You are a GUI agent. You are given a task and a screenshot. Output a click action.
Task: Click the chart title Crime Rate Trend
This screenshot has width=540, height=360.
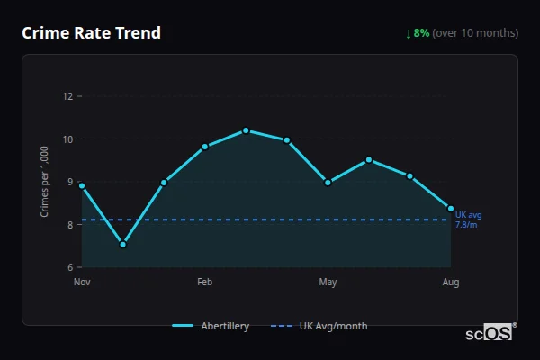coord(91,33)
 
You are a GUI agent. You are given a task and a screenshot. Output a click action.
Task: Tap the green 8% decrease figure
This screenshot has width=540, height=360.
coord(421,33)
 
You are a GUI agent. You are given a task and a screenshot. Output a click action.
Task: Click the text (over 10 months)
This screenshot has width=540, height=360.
coord(475,33)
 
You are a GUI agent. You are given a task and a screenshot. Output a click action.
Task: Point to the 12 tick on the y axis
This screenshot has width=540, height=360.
coord(67,96)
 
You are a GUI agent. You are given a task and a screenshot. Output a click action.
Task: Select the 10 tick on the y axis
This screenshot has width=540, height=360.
coord(67,139)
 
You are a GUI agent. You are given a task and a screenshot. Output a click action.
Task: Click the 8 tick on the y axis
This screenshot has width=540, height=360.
coord(68,225)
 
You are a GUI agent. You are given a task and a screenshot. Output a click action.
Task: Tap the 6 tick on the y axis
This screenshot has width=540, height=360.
coord(68,267)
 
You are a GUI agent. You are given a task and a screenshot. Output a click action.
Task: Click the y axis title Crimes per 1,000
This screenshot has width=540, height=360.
coord(45,182)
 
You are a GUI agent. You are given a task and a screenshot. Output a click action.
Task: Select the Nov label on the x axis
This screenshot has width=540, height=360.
coord(82,283)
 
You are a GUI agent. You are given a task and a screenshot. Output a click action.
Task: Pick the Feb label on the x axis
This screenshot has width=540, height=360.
coord(204,283)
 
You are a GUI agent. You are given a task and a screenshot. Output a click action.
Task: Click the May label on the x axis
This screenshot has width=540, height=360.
coord(328,283)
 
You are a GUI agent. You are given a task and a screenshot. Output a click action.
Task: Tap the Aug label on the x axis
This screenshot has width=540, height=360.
coord(450,283)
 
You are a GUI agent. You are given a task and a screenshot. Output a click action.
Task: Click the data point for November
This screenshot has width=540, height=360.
coord(82,185)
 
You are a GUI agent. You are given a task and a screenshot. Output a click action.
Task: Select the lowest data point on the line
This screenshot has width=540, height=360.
coord(123,244)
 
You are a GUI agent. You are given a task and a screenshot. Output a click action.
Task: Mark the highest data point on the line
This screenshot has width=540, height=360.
coord(246,130)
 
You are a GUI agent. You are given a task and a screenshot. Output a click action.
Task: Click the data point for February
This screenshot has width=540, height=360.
coord(205,146)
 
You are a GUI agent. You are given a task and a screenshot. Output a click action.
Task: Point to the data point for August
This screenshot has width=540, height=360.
coord(451,208)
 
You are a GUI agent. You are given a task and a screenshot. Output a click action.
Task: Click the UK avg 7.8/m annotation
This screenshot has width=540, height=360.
coord(468,220)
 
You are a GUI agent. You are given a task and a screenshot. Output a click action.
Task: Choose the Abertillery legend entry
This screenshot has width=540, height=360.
coord(211,326)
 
